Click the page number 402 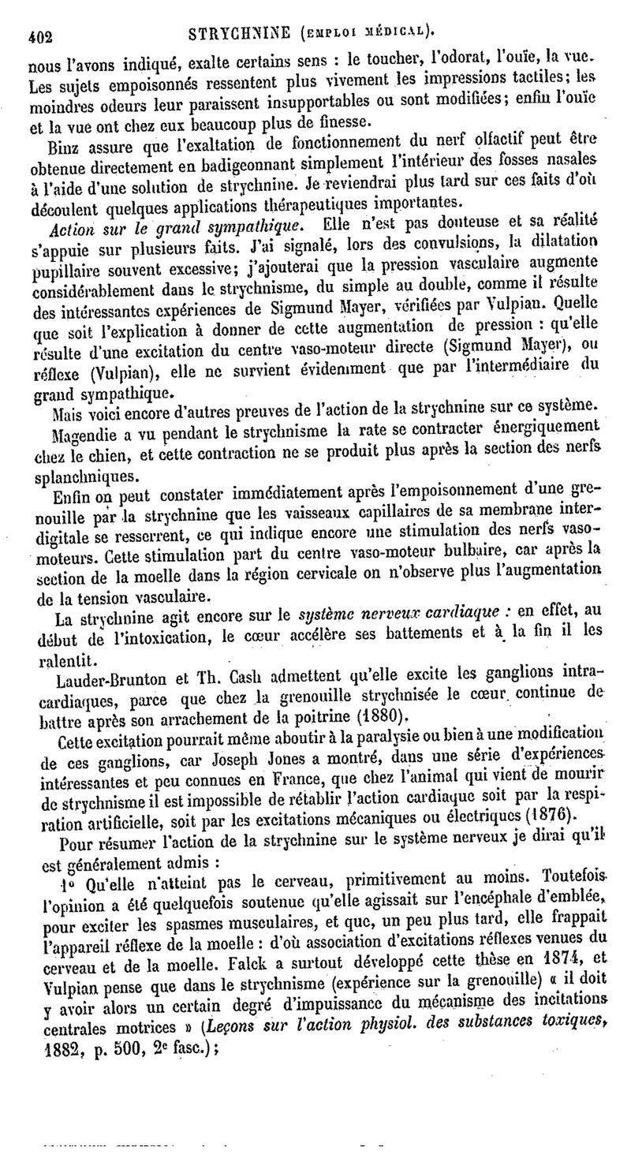(x=38, y=34)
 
